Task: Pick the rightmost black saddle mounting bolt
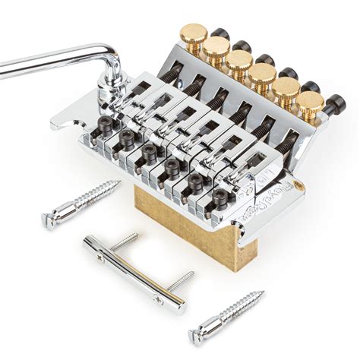point(221,197)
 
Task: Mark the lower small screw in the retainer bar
point(181,280)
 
